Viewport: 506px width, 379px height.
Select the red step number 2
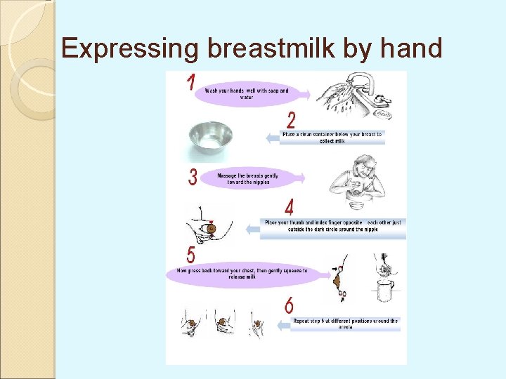tap(291, 120)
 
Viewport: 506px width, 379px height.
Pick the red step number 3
tap(193, 177)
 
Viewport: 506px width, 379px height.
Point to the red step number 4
tap(289, 208)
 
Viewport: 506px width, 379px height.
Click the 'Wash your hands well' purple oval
tap(246, 93)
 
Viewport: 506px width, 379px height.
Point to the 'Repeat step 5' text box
tap(345, 324)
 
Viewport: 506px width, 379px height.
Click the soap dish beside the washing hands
tap(383, 112)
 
